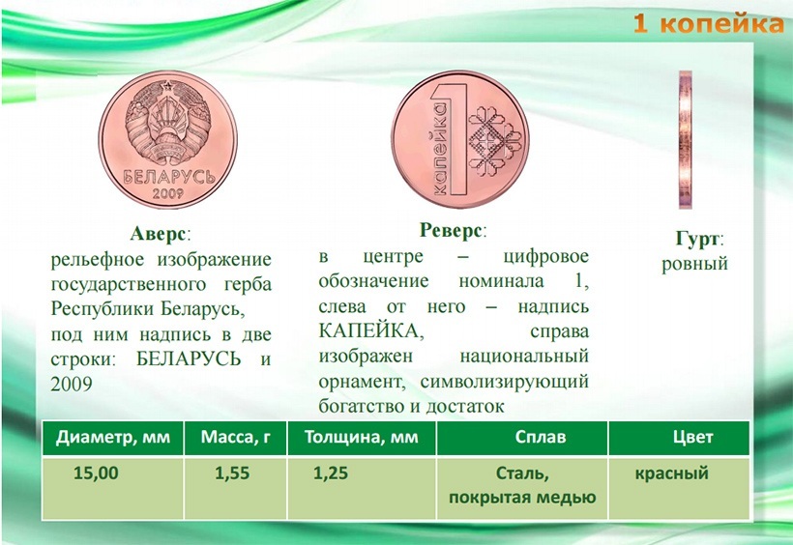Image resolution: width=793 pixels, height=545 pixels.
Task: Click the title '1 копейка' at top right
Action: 709,23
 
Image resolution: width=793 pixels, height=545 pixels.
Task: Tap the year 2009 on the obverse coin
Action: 168,193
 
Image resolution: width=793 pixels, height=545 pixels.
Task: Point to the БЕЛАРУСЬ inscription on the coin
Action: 169,177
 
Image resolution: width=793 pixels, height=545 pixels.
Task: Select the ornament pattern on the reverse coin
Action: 495,138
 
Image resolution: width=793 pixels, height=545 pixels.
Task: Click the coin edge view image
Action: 686,140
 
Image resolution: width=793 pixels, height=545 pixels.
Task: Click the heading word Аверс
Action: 158,234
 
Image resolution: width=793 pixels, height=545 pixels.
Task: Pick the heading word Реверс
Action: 450,231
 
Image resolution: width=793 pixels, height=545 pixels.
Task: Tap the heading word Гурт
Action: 696,239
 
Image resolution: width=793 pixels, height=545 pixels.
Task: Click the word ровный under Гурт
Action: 694,264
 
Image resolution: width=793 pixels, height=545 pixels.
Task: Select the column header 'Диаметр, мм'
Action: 113,437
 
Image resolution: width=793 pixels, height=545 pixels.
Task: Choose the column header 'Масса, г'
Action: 236,437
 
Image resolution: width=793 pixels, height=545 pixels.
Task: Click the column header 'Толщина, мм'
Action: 361,437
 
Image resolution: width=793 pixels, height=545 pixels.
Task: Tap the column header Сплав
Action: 541,437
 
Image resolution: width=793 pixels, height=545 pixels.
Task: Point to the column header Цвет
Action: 692,437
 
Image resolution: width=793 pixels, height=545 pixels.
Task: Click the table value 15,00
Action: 96,473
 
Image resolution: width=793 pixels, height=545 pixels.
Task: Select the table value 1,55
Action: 232,473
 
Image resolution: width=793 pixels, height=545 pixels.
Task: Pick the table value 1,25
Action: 331,473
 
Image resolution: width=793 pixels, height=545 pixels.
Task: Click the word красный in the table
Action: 671,473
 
